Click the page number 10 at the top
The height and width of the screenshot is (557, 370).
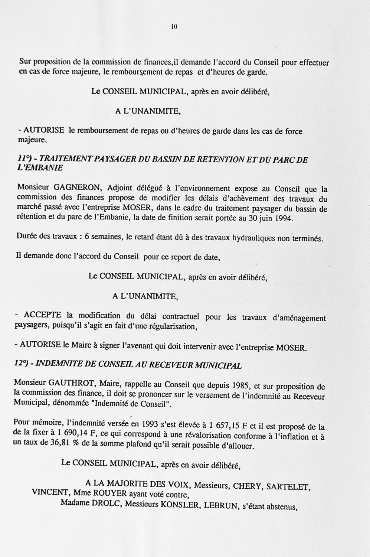point(174,26)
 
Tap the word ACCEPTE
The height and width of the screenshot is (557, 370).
point(42,315)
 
